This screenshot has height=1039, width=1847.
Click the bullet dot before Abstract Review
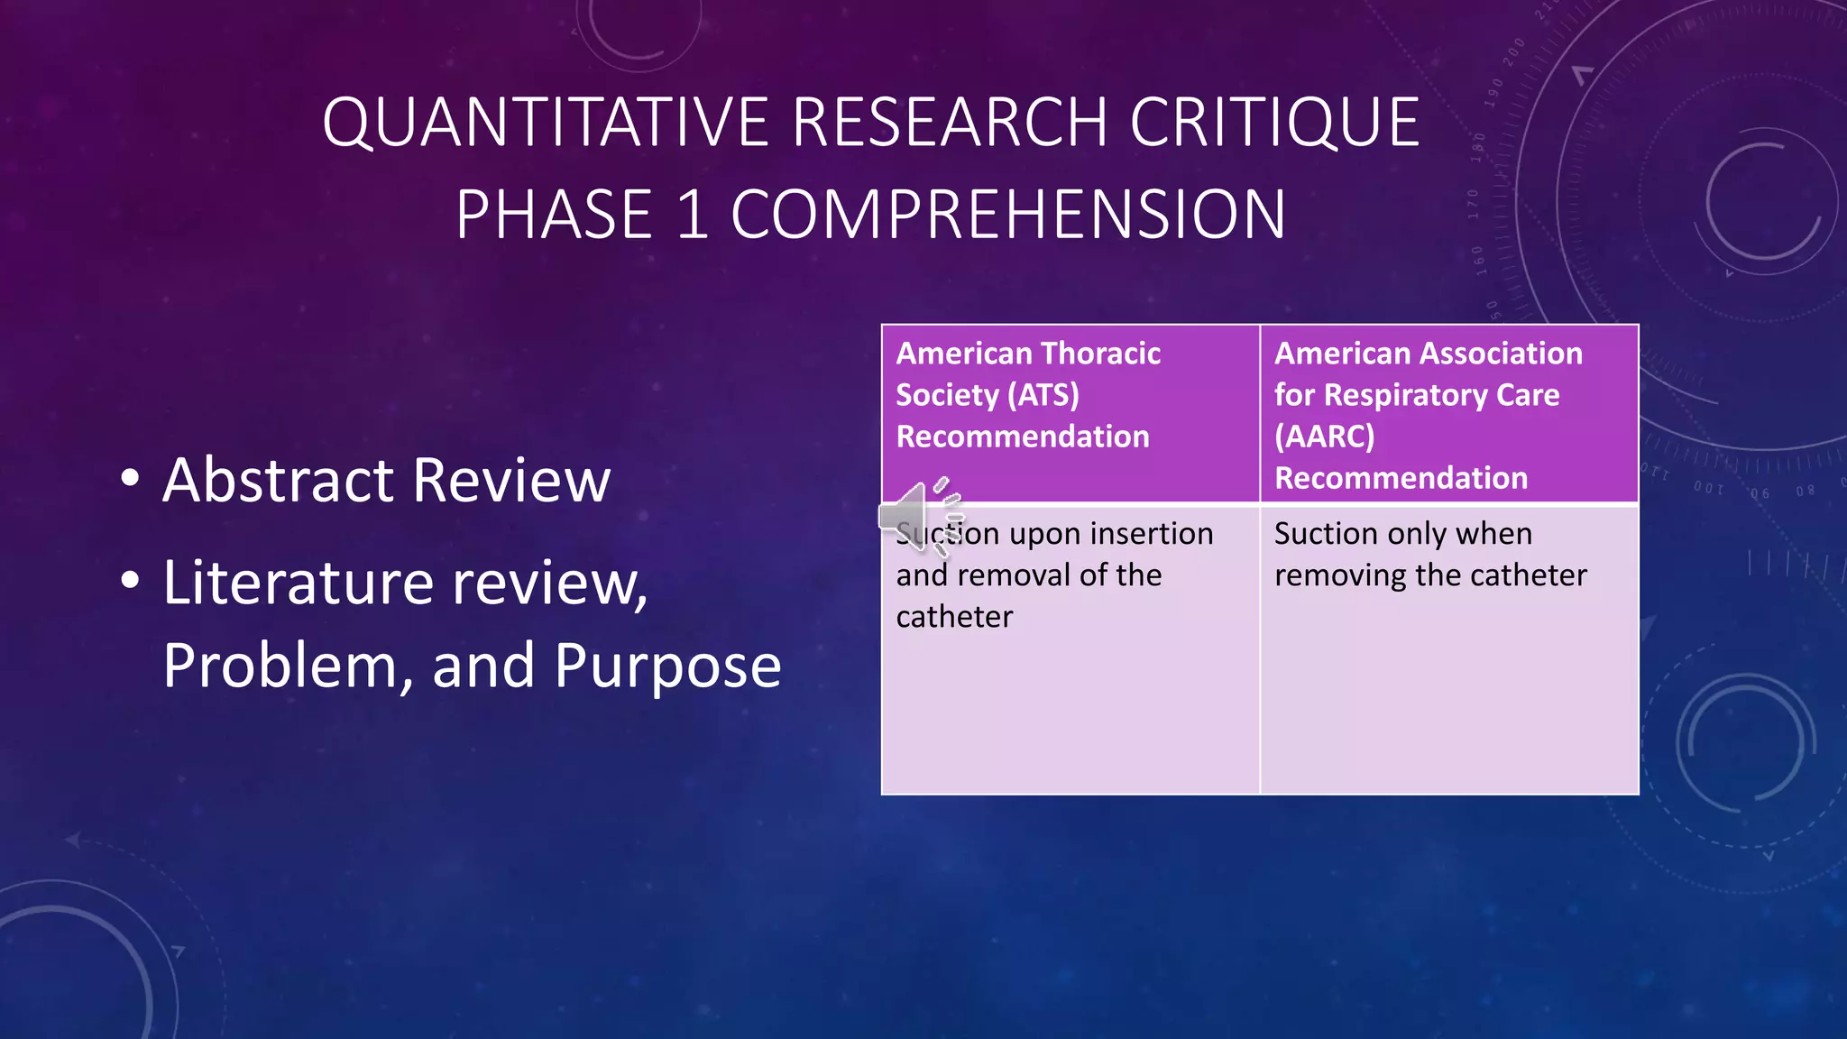pyautogui.click(x=131, y=479)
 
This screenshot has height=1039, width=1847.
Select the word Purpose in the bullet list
pyautogui.click(x=667, y=667)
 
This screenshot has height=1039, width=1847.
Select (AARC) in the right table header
pyautogui.click(x=1324, y=437)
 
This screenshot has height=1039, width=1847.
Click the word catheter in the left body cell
pyautogui.click(x=954, y=617)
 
